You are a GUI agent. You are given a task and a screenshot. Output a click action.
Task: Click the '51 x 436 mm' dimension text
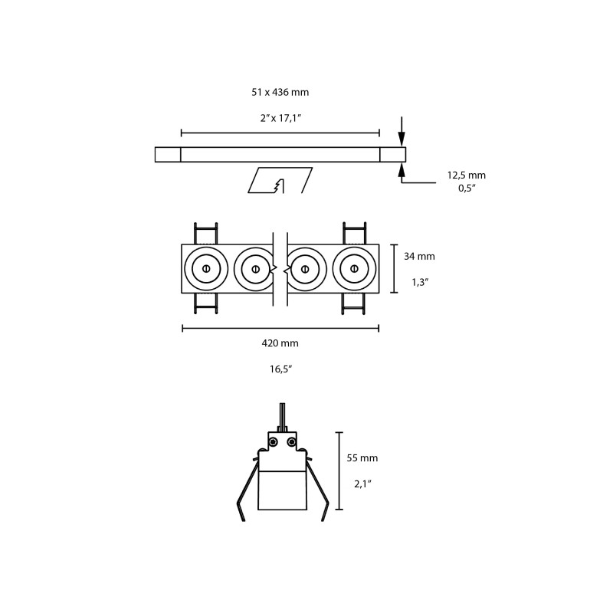coord(280,92)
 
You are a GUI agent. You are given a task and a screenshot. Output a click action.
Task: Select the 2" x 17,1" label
coord(280,118)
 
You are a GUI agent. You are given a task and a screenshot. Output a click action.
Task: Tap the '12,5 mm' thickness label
coord(467,175)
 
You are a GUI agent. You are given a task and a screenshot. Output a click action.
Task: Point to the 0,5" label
coord(467,188)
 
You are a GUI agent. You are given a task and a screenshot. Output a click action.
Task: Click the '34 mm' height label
coord(419,256)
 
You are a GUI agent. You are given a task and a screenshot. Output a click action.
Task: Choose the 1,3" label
coord(420,282)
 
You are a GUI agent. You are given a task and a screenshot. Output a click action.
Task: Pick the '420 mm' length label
coord(280,343)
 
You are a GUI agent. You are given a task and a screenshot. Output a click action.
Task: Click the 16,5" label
coord(281,369)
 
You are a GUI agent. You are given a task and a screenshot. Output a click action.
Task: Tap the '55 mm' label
coord(362,457)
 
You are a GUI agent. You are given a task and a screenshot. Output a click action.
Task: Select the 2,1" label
coord(362,484)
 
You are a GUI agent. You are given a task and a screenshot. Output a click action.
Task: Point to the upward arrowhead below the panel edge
coord(402,169)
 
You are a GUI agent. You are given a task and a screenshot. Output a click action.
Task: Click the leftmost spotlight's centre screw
coord(206,269)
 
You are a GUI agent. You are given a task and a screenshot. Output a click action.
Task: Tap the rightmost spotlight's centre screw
coord(354,269)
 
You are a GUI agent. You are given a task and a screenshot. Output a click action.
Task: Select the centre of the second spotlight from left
coord(256,269)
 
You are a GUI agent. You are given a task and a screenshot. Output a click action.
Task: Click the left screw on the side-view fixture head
coord(273,442)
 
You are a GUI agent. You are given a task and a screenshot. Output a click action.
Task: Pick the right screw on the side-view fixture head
coord(291,442)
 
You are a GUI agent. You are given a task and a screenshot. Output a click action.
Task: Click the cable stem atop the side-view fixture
coord(282,418)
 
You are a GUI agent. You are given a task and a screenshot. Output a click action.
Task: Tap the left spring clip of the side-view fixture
coord(247,489)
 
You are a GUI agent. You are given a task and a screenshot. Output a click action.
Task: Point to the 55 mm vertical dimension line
coord(339,470)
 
